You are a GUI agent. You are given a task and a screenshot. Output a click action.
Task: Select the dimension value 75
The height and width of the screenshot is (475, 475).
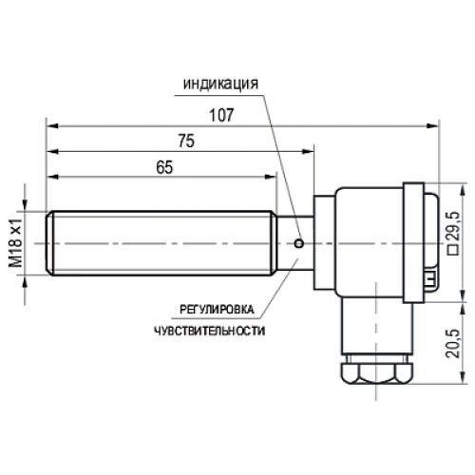pos(185,141)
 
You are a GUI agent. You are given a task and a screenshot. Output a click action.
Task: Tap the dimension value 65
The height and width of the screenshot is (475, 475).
pos(164,166)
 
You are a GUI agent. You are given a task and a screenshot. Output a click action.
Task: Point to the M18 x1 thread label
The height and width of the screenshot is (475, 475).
pos(16,243)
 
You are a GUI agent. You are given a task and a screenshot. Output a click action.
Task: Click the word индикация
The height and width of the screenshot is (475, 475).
pos(220,83)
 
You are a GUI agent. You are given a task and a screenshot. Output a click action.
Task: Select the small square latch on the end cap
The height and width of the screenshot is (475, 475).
pos(430,277)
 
